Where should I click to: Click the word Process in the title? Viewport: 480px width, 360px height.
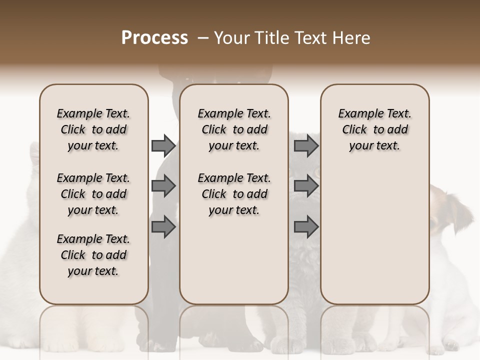tap(154, 38)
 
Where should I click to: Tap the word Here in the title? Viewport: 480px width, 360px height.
tap(351, 38)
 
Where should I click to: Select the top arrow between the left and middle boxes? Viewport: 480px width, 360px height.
tap(163, 145)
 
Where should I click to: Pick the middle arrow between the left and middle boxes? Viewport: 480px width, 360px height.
tap(163, 186)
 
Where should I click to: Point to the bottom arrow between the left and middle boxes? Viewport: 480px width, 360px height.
tap(163, 227)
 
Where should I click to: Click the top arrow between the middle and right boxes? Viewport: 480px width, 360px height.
tap(306, 145)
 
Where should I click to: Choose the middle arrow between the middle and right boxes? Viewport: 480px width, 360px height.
tap(306, 186)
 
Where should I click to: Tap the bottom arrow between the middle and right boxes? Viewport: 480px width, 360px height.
tap(306, 227)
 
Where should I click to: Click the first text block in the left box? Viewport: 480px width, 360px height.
tap(93, 129)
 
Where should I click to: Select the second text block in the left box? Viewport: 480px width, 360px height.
tap(93, 194)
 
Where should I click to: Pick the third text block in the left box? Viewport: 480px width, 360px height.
tap(93, 255)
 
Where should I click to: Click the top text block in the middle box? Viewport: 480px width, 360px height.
tap(234, 129)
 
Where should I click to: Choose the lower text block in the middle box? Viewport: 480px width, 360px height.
tap(234, 194)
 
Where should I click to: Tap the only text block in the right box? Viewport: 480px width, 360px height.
tap(374, 129)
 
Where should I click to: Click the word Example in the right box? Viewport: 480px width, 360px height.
tap(357, 114)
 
